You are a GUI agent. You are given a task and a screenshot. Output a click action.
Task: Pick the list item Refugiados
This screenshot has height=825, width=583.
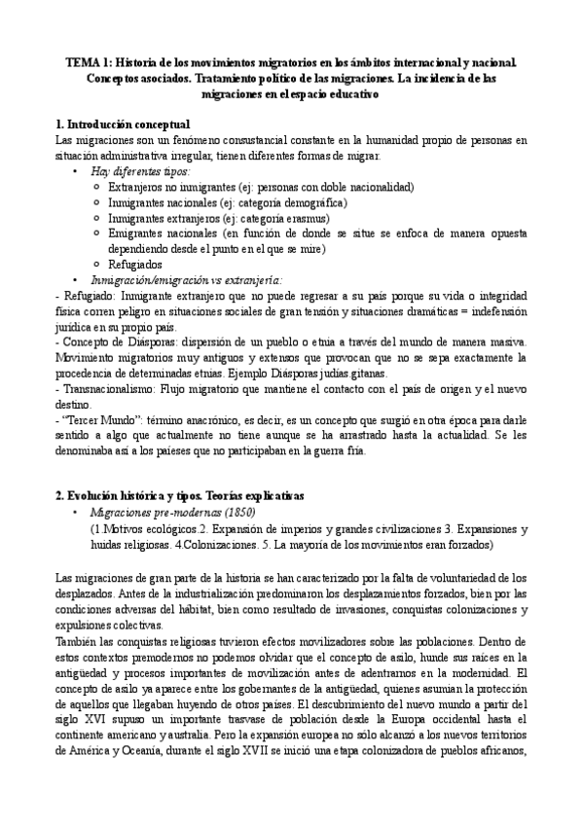point(135,264)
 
